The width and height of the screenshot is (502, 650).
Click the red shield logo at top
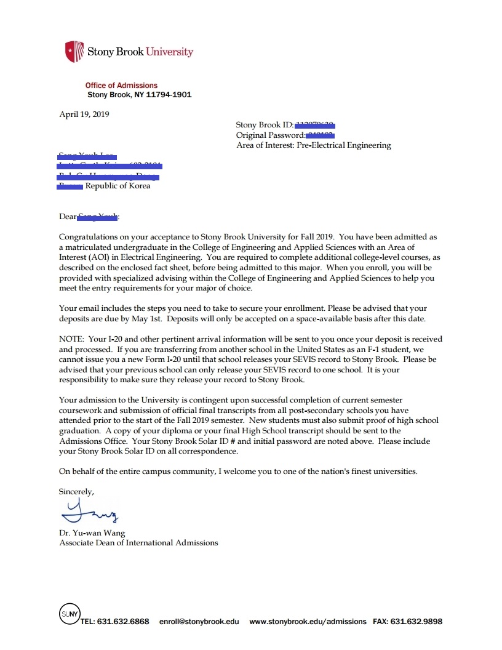(x=74, y=51)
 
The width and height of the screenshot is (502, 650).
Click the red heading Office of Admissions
(x=121, y=86)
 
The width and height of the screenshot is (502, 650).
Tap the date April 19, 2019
(x=84, y=114)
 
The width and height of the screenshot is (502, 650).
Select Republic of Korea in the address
(x=118, y=186)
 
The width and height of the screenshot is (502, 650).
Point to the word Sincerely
(x=77, y=491)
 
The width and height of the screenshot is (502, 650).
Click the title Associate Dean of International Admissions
(x=138, y=543)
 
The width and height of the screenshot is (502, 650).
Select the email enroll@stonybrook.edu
(x=199, y=622)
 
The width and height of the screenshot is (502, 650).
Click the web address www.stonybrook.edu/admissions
(x=308, y=622)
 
